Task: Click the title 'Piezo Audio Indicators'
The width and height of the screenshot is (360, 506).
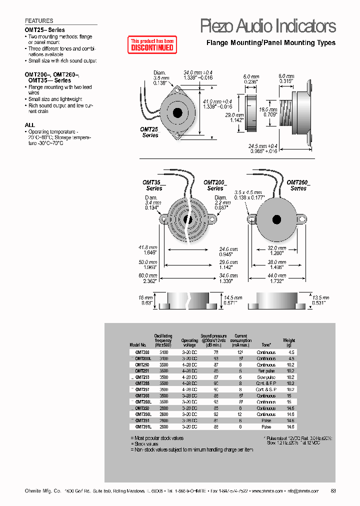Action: [x=267, y=26]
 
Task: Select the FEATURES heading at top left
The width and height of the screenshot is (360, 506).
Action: [x=39, y=21]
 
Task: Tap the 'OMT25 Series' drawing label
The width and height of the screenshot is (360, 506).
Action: [x=149, y=132]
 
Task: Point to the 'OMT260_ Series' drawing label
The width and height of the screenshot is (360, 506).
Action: [x=298, y=185]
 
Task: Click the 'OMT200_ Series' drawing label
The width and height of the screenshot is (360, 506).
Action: [x=215, y=185]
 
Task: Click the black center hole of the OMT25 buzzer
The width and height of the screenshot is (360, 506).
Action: [x=177, y=112]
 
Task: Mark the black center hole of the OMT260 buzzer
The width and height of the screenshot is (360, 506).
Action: [x=275, y=219]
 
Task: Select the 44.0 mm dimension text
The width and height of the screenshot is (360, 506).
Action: [x=275, y=275]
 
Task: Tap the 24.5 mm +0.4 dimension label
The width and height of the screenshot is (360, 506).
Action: [x=263, y=146]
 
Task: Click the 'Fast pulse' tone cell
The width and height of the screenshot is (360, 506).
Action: [x=266, y=371]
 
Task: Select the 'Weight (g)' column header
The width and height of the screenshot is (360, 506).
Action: [x=289, y=342]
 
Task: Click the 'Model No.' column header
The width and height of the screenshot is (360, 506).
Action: [x=137, y=345]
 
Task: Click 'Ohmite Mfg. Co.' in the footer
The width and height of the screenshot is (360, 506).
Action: [x=43, y=491]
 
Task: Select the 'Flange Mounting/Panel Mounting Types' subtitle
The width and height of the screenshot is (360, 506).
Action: [x=271, y=43]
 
